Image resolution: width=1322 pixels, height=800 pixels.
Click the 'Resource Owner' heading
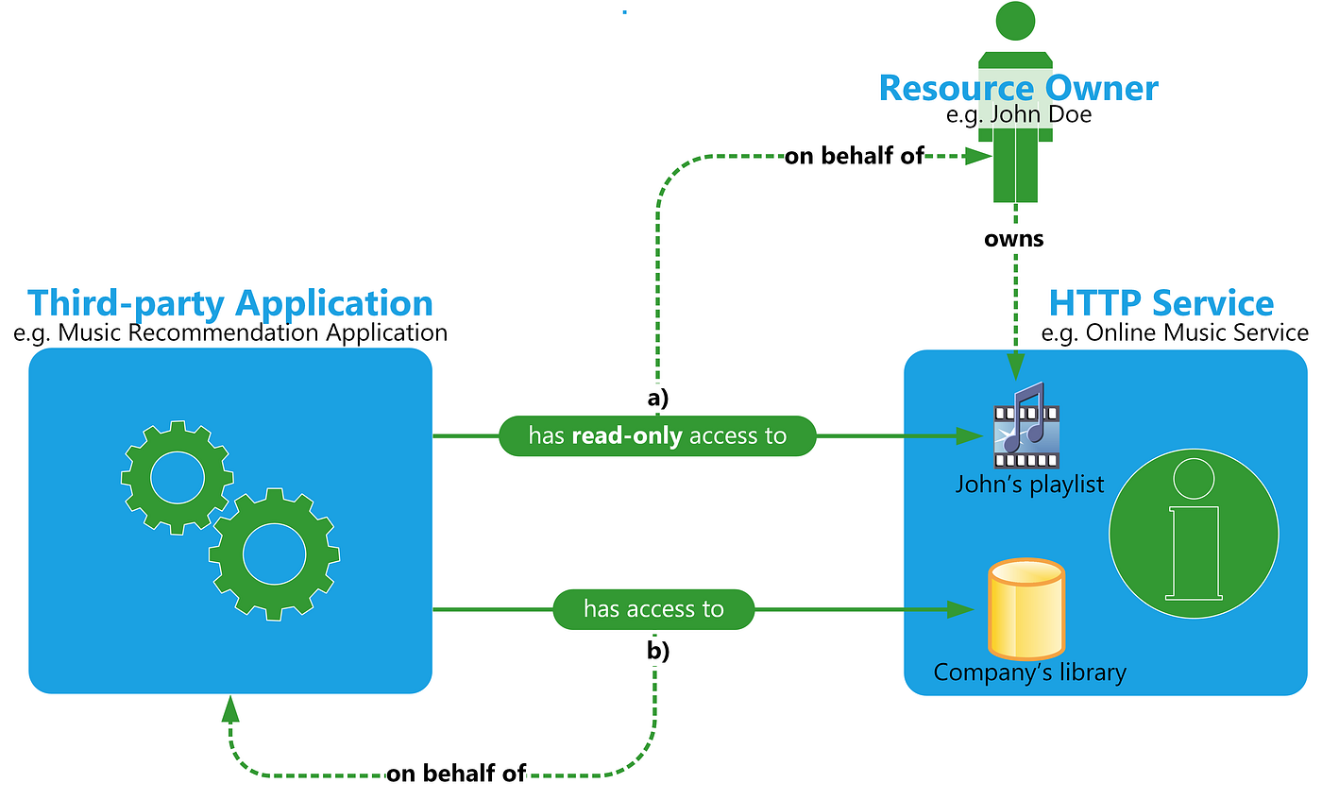tap(1018, 87)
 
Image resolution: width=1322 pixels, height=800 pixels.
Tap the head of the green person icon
tap(1015, 20)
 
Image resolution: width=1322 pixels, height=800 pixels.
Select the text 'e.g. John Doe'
tap(1018, 115)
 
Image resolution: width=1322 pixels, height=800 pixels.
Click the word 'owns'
tap(1014, 238)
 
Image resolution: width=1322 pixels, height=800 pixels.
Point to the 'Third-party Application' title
tap(229, 303)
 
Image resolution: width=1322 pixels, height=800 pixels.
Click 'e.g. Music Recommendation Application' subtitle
tap(229, 332)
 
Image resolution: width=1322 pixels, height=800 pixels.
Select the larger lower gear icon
tap(274, 554)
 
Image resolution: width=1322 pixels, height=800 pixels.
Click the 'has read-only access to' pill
tap(656, 436)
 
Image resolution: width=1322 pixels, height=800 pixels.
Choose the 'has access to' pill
tap(653, 609)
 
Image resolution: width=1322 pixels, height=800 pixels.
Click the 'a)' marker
tap(657, 398)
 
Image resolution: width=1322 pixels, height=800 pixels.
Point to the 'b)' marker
tap(657, 651)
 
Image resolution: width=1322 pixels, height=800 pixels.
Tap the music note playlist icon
tap(1026, 427)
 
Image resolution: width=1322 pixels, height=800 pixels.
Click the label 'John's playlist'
tap(1029, 485)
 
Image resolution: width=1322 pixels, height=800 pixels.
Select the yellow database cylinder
tap(1025, 607)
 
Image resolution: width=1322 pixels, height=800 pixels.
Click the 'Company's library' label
tap(1029, 672)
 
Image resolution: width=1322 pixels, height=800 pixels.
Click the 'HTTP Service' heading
tap(1161, 303)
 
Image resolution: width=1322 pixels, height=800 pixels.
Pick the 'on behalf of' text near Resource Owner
tap(854, 157)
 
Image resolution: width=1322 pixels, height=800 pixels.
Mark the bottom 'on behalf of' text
tap(455, 774)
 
